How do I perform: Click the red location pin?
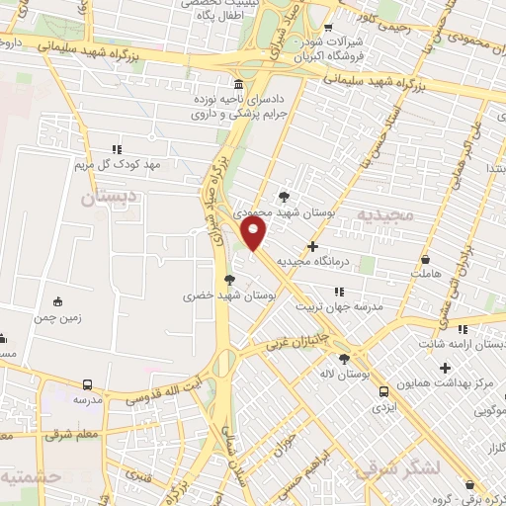[x=255, y=234]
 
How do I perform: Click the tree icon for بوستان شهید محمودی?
[x=285, y=196]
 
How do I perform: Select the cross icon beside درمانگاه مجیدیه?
[x=313, y=246]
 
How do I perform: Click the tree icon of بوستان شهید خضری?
[x=229, y=280]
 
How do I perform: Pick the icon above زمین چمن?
[x=58, y=300]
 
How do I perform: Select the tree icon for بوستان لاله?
[x=344, y=359]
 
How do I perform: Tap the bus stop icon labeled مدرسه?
[x=88, y=384]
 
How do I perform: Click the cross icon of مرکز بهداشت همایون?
[x=446, y=368]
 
